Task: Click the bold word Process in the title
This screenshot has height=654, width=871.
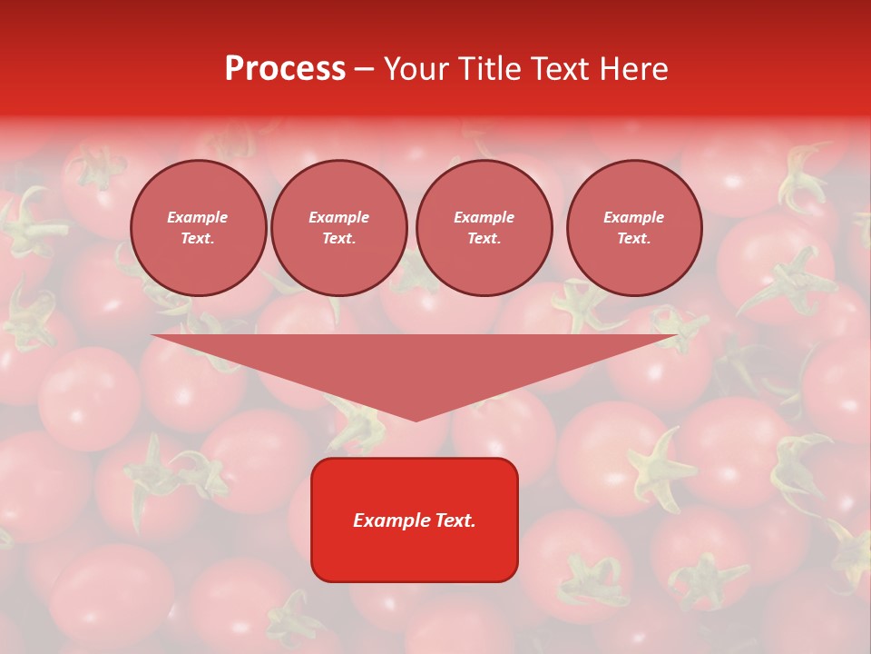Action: (x=285, y=69)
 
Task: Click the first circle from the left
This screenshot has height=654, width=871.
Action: (x=198, y=228)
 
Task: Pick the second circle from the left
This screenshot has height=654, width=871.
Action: (x=338, y=228)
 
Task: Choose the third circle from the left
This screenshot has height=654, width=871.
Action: (x=484, y=228)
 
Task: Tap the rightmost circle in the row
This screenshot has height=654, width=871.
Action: (x=633, y=228)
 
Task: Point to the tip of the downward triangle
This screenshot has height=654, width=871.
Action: (x=416, y=420)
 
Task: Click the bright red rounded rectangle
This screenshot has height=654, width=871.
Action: (x=415, y=554)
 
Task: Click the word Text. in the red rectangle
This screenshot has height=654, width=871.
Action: (x=455, y=520)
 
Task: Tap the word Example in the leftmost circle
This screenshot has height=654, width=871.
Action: (x=198, y=218)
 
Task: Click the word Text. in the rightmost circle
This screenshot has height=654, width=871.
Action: (x=633, y=239)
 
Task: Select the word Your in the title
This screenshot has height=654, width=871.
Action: (x=415, y=69)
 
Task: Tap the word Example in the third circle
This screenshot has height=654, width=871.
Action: (x=484, y=218)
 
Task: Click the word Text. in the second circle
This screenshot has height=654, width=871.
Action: (x=338, y=239)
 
